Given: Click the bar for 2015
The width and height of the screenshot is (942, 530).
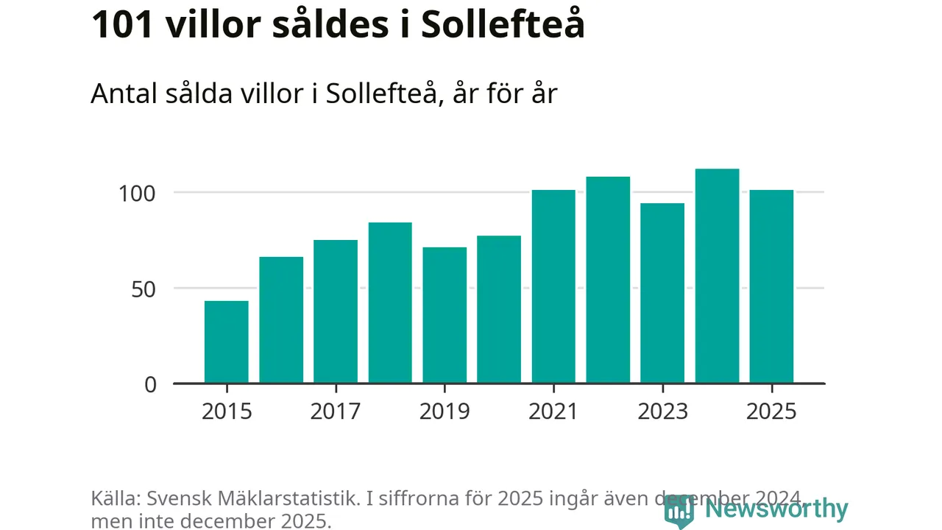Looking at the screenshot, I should click(227, 342).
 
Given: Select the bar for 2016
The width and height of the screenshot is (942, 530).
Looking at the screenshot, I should click(281, 319).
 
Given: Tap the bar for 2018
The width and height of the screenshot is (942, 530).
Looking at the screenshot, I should click(390, 303).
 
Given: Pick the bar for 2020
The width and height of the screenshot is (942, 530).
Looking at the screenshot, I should click(499, 309).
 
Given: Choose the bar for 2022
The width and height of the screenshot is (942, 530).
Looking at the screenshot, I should click(608, 280).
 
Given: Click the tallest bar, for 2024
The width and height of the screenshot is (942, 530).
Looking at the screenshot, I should click(717, 276).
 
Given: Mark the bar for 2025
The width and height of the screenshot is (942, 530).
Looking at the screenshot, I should click(771, 286).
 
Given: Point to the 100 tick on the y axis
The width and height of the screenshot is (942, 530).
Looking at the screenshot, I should click(139, 194).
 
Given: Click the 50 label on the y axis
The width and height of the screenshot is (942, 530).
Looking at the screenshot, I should click(144, 289).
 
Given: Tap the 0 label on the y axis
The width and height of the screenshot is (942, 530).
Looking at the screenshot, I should click(151, 384).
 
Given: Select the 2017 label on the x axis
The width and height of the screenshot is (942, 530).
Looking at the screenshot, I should click(336, 411).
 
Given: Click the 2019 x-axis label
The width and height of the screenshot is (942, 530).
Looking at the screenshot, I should click(445, 411).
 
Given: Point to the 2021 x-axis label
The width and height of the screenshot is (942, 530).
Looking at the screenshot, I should click(553, 411).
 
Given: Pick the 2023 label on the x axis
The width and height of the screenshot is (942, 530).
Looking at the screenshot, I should click(662, 411).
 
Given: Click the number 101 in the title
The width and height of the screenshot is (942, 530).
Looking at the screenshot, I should click(121, 25).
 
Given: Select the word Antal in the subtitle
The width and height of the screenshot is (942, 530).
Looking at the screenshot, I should click(121, 94).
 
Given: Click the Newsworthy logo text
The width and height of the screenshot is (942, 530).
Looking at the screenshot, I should click(776, 509).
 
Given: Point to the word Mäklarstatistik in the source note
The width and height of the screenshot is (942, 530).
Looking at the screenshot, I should click(300, 498).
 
